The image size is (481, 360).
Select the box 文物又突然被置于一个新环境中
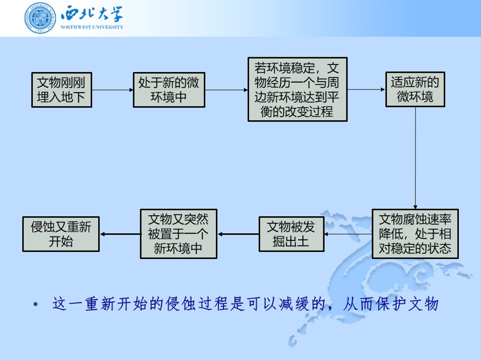pos(178,234)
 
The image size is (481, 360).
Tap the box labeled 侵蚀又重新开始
pos(61,234)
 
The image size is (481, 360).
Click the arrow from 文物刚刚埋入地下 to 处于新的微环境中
pos(112,90)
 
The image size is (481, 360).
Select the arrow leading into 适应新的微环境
pos(367,90)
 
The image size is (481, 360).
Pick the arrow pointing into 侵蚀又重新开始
pos(120,234)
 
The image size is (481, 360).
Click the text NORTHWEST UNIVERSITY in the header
pos(92,27)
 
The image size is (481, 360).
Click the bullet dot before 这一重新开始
pos(36,305)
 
